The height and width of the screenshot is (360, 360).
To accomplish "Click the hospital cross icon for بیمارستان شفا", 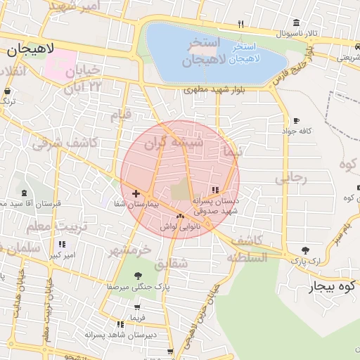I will (x=136, y=193).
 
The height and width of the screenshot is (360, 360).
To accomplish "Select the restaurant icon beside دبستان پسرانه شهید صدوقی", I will (x=215, y=190).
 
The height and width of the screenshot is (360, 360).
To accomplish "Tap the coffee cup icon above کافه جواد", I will (x=296, y=121).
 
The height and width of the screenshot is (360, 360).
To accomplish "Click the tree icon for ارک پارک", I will (x=304, y=250).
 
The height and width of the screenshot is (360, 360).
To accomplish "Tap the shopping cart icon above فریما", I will (x=137, y=307).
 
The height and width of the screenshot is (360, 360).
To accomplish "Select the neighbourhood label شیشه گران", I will (x=173, y=143).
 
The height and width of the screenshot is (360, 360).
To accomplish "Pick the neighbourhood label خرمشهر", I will (x=131, y=249).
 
